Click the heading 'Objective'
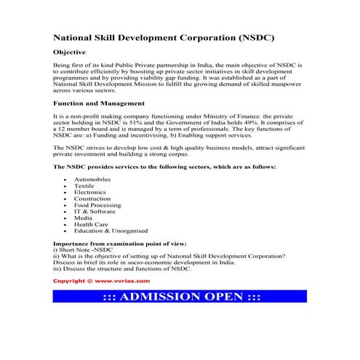point(70,52)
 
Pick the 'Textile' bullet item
point(84,185)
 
